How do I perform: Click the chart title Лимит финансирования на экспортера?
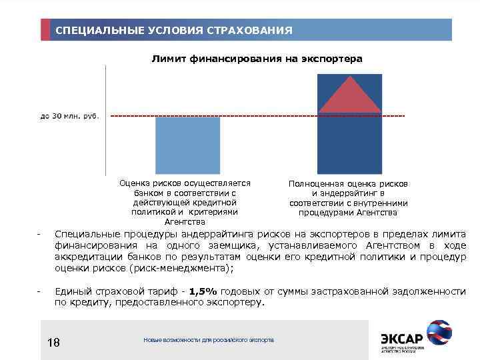(257, 59)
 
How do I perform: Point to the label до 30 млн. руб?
(69, 116)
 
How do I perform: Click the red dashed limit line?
(267, 117)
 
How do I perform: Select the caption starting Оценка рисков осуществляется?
(185, 202)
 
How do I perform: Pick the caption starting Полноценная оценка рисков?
(349, 198)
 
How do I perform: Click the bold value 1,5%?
(203, 291)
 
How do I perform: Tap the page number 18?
(54, 343)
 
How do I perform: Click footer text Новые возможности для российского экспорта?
(209, 340)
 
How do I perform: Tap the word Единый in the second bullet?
(71, 291)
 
